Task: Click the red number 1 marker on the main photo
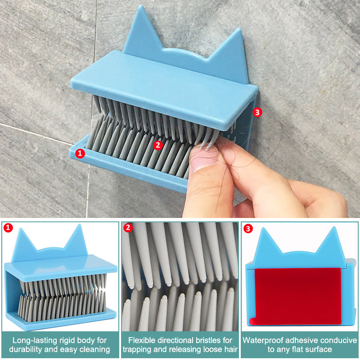[80, 153]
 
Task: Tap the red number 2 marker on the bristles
[158, 145]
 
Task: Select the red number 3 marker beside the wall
[257, 112]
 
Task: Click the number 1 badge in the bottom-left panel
[8, 228]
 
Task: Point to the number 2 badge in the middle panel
[128, 228]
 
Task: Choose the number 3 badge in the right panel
[248, 229]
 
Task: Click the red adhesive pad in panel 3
[297, 296]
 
